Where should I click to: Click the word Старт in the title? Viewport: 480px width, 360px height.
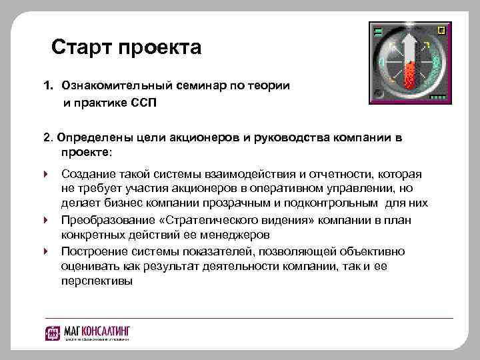click(x=81, y=48)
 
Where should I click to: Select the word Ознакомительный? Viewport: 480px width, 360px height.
click(x=116, y=87)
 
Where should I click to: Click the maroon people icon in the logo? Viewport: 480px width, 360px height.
click(x=54, y=331)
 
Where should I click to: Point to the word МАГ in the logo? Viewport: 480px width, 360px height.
click(x=71, y=330)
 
